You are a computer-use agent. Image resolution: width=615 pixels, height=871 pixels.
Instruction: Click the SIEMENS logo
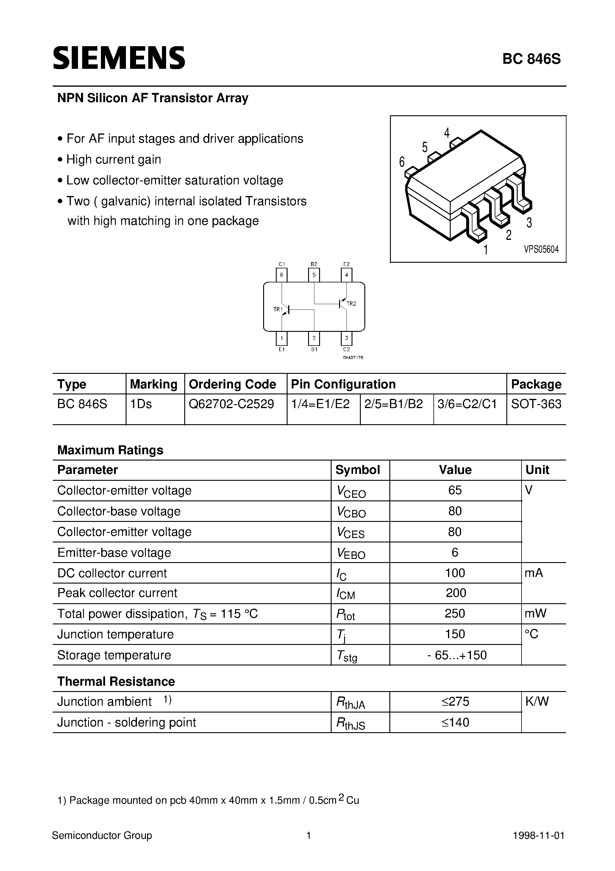[119, 58]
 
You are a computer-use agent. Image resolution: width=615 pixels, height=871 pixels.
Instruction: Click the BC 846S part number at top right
[531, 59]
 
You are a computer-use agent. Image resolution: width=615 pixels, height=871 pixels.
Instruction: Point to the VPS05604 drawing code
[541, 249]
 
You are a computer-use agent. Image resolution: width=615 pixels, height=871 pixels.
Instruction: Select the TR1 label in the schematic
[278, 309]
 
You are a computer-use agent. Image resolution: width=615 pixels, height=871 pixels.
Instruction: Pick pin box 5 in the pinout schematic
[314, 275]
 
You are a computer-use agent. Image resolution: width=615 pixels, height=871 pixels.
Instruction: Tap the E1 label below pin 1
[281, 349]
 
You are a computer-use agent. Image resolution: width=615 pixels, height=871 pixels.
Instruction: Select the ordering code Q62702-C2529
[231, 404]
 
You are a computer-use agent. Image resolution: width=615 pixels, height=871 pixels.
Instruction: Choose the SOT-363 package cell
[536, 404]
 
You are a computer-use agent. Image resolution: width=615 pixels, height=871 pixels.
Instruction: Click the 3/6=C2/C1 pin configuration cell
[467, 404]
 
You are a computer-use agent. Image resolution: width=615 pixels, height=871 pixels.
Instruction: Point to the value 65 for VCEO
[455, 490]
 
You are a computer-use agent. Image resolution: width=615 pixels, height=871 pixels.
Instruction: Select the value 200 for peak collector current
[456, 593]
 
